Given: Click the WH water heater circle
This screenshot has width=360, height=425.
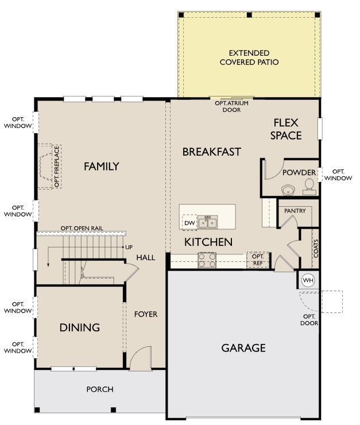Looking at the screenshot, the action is [308, 280].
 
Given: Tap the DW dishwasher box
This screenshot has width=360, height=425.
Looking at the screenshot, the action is [189, 223].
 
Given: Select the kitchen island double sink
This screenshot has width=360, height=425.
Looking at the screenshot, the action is [207, 222].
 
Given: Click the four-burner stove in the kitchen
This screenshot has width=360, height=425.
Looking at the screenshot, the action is [207, 260].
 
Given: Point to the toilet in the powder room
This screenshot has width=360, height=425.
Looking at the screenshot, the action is [309, 187].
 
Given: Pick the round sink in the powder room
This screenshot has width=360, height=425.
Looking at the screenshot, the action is [288, 190].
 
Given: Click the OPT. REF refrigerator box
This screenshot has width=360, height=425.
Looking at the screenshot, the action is [258, 260].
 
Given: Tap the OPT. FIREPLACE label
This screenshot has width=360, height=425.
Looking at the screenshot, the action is [57, 167].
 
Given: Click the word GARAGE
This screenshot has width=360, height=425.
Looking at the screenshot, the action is [243, 347].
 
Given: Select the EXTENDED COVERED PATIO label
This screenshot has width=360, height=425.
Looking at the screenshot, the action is [249, 57].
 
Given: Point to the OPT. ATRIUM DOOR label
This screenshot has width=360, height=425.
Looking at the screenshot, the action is [231, 106].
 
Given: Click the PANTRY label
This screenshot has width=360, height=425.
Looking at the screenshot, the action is [295, 211].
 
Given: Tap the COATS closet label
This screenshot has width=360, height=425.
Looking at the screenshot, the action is [316, 248].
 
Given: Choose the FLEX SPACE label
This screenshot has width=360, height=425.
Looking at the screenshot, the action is [286, 129].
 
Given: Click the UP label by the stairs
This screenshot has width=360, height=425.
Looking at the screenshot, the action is [129, 247].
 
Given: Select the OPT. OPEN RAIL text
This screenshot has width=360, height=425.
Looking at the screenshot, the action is [82, 228].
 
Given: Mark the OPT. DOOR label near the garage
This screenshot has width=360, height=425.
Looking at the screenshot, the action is [309, 320].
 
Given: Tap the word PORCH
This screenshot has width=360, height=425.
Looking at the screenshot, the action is [100, 389].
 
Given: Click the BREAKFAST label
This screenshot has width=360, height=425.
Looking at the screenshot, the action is [211, 152].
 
